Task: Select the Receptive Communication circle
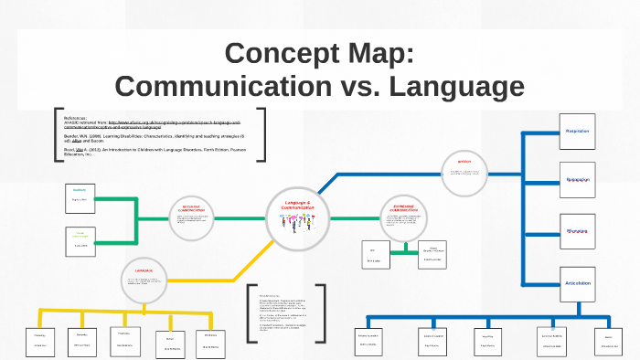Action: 191,218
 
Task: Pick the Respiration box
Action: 576,132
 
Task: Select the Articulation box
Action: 576,284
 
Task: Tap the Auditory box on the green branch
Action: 80,195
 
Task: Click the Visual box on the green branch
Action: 80,239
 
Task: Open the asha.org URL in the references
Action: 174,124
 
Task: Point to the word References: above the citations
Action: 76,117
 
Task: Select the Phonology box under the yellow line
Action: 40,339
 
